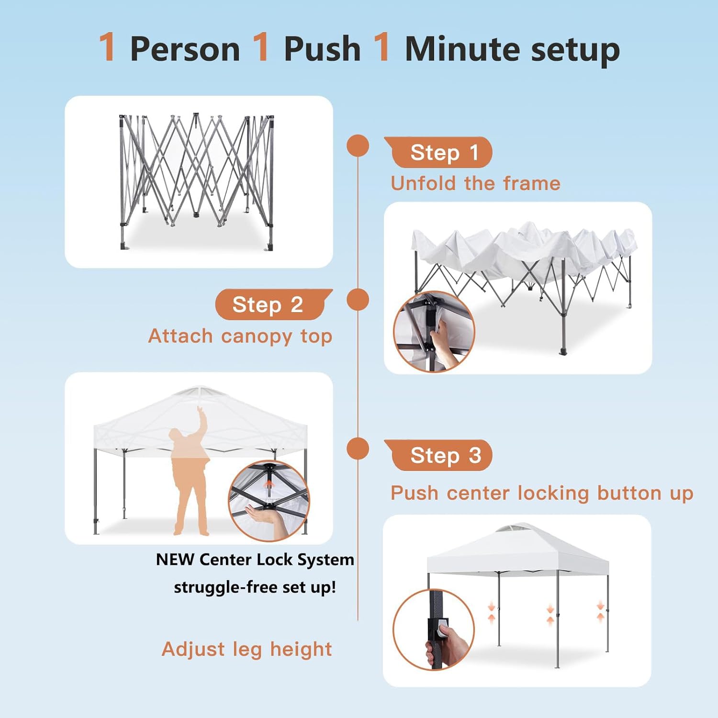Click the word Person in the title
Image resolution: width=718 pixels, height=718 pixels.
(x=185, y=49)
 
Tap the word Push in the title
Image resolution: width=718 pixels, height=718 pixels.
(x=322, y=49)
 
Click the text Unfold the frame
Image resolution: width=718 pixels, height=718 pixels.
(x=475, y=183)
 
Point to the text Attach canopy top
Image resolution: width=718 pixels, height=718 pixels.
(x=240, y=336)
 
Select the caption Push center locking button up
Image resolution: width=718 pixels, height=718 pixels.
(x=542, y=493)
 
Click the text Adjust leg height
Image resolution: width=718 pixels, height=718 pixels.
(x=247, y=649)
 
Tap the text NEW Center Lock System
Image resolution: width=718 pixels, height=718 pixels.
(x=255, y=560)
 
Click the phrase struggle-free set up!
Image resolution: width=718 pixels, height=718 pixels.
(x=255, y=587)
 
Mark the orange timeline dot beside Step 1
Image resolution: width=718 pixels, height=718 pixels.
(x=358, y=146)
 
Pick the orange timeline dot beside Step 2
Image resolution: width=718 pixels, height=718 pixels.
(x=358, y=300)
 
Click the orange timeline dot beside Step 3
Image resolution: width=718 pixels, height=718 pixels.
(x=358, y=449)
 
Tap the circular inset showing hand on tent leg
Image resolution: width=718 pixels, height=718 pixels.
(x=434, y=629)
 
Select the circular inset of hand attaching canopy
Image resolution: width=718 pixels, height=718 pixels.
(x=434, y=331)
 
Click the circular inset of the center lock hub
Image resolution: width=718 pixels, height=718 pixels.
(x=269, y=501)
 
